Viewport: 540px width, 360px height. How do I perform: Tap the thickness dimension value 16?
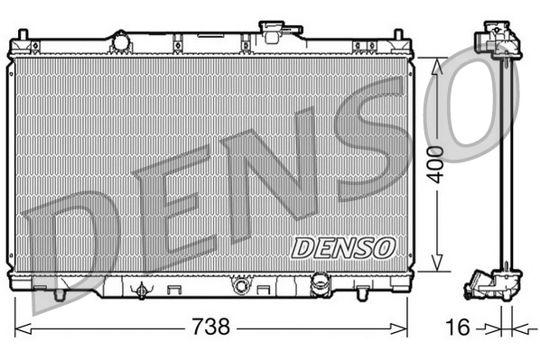coord(460,327)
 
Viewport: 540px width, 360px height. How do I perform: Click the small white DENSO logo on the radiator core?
coord(344,245)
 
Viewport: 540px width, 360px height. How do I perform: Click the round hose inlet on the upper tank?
coord(120,42)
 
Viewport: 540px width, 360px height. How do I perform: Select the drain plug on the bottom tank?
coord(139,291)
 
